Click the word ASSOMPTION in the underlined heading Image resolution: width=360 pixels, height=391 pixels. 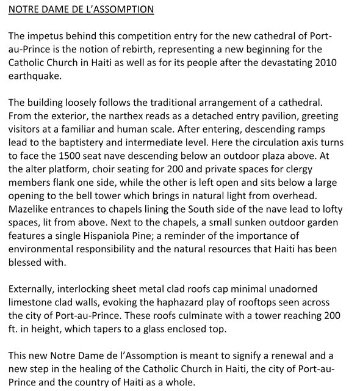tap(122, 10)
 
